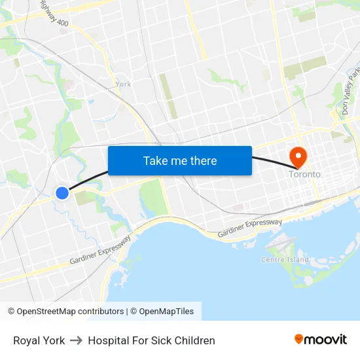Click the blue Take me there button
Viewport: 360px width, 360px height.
[x=180, y=160]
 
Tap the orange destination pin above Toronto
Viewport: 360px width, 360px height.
[x=298, y=156]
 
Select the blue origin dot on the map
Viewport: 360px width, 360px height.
[x=62, y=192]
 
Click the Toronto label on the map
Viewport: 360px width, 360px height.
[x=305, y=174]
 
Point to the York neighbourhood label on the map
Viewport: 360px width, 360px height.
[x=123, y=84]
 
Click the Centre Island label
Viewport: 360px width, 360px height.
[x=285, y=260]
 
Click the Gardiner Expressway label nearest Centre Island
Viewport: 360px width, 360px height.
[x=250, y=228]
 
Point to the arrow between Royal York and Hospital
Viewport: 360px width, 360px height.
[x=77, y=340]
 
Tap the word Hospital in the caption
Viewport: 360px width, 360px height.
[x=109, y=340]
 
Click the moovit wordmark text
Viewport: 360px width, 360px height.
[x=325, y=339]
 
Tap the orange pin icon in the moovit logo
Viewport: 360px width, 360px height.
[x=299, y=339]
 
